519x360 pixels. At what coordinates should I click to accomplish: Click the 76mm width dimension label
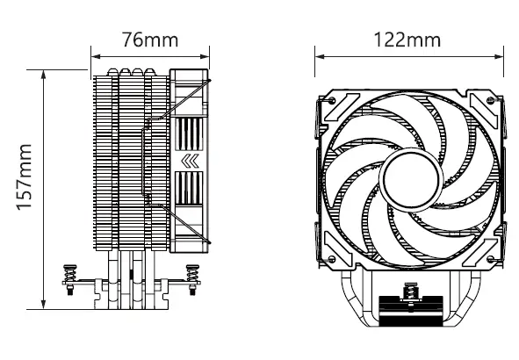148,40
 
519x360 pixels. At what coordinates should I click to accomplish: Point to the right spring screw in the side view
192,276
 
